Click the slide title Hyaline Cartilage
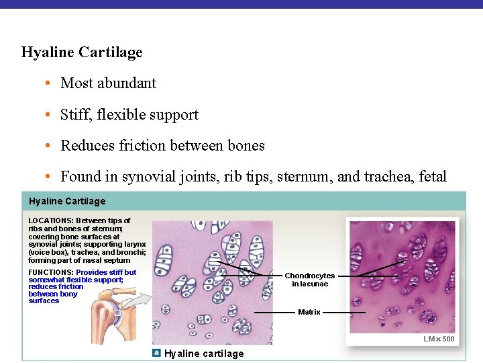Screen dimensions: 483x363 [82, 52]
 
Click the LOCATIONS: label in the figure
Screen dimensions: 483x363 [51, 220]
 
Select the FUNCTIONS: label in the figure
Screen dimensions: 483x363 [51, 272]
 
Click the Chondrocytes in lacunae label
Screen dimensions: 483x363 [309, 280]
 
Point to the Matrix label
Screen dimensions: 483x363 [309, 312]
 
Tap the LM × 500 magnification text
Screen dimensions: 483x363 [439, 339]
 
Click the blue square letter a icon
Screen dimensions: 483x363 [156, 353]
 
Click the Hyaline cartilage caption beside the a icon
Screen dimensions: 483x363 [204, 354]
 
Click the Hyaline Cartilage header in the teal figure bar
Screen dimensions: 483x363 [67, 201]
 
